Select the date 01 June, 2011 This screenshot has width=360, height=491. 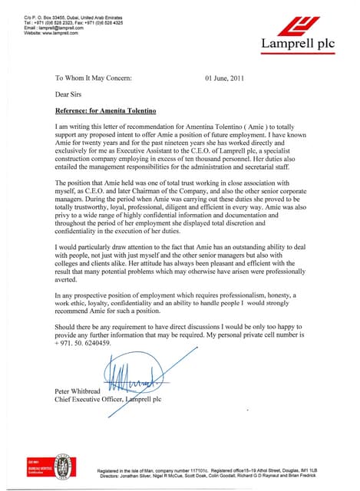point(226,78)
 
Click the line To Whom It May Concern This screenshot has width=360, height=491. point(94,78)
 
